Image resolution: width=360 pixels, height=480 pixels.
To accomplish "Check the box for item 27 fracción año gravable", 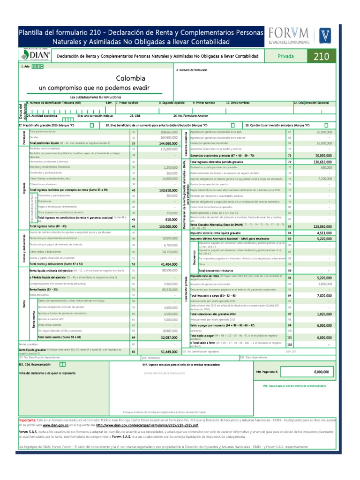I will pyautogui.click(x=91, y=126).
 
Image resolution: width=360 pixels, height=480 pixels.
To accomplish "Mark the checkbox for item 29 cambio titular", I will pyautogui.click(x=325, y=126).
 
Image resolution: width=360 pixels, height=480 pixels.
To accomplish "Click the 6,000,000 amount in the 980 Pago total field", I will pyautogui.click(x=321, y=372).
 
